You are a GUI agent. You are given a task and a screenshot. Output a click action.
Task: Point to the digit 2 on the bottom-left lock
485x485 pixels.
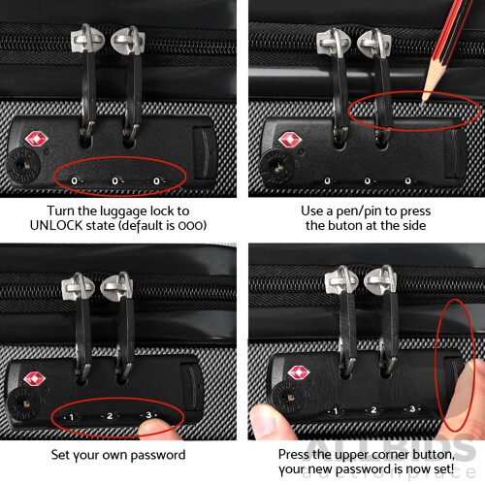pos(109,416)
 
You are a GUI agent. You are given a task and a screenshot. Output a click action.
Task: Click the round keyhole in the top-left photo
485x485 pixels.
pos(22,168)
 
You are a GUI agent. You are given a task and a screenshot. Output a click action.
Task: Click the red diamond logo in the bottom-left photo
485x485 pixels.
pos(35,378)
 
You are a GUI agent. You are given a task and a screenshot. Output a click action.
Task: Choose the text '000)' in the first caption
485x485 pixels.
pos(192,225)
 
